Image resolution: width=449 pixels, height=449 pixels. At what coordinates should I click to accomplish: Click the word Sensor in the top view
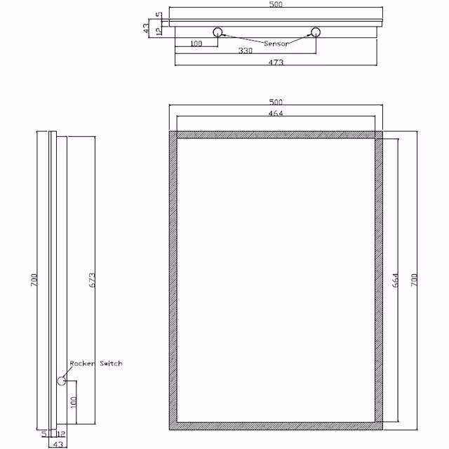coord(276,43)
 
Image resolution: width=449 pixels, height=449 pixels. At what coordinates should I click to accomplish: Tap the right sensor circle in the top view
coord(316,32)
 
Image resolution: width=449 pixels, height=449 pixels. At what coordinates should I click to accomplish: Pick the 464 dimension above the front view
coord(276,113)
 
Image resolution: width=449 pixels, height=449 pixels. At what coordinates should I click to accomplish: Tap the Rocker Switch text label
coord(96,363)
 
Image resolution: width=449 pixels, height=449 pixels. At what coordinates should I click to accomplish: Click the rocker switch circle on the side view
coord(62,380)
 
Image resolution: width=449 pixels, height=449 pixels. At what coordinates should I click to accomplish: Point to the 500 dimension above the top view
coord(276,5)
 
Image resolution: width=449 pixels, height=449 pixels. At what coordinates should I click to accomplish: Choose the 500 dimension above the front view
coord(276,102)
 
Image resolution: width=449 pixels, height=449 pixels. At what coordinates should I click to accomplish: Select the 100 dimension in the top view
coord(196,43)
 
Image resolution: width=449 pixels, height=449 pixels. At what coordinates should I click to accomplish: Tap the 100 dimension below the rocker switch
coord(72,404)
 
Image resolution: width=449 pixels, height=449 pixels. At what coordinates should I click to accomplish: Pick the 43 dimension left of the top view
coord(146,27)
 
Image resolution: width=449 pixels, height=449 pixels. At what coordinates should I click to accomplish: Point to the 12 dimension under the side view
coord(61,434)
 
